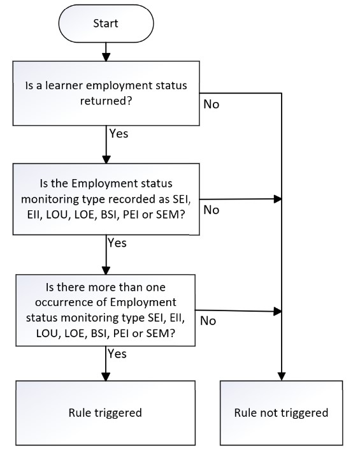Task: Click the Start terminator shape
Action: pyautogui.click(x=106, y=24)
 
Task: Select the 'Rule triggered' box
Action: pyautogui.click(x=106, y=413)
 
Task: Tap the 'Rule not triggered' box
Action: pyautogui.click(x=282, y=413)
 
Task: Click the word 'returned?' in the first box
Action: pyautogui.click(x=106, y=101)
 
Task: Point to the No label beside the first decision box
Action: pyautogui.click(x=212, y=104)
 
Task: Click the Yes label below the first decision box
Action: pyautogui.click(x=119, y=133)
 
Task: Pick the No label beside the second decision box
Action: pyautogui.click(x=212, y=210)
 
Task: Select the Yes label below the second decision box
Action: pyautogui.click(x=117, y=243)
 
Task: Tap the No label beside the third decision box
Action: pyautogui.click(x=208, y=321)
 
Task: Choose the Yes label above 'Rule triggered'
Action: pyautogui.click(x=117, y=354)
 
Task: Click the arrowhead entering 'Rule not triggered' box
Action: pyautogui.click(x=282, y=376)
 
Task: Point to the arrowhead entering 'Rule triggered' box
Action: pyautogui.click(x=106, y=377)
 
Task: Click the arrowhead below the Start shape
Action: pyautogui.click(x=106, y=57)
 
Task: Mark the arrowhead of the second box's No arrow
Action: pyautogui.click(x=278, y=199)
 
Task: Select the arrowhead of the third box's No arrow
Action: pyautogui.click(x=278, y=312)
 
